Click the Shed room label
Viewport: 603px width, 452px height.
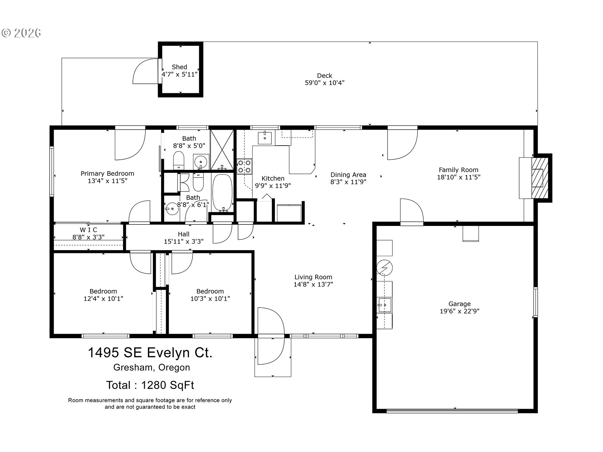pyautogui.click(x=179, y=67)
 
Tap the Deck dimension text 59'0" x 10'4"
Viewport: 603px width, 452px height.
pyautogui.click(x=325, y=83)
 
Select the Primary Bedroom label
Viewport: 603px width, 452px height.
pyautogui.click(x=107, y=174)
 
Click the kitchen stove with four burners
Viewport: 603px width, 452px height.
pyautogui.click(x=244, y=166)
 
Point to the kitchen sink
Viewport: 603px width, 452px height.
pyautogui.click(x=265, y=137)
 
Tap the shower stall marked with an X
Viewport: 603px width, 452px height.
pyautogui.click(x=222, y=149)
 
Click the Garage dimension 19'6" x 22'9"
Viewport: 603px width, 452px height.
pyautogui.click(x=459, y=311)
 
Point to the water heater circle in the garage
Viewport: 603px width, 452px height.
pyautogui.click(x=384, y=268)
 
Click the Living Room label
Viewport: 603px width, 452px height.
pyautogui.click(x=313, y=277)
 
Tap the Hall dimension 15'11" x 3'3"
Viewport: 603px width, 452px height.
pyautogui.click(x=184, y=241)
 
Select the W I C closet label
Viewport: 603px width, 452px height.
pyautogui.click(x=89, y=230)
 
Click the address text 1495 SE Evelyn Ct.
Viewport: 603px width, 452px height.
pyautogui.click(x=150, y=352)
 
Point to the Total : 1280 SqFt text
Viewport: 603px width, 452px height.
pyautogui.click(x=150, y=385)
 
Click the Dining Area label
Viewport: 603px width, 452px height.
pyautogui.click(x=348, y=175)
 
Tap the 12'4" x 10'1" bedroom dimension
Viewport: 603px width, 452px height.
pyautogui.click(x=103, y=299)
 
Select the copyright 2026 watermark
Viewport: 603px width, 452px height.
pyautogui.click(x=21, y=33)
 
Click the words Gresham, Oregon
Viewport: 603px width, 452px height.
pyautogui.click(x=152, y=368)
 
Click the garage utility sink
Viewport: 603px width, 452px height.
pyautogui.click(x=384, y=305)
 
